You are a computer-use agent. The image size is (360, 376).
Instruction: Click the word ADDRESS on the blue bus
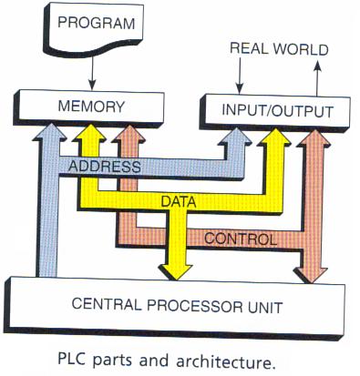click(103, 167)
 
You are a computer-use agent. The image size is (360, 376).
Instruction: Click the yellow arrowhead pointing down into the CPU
click(175, 269)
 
